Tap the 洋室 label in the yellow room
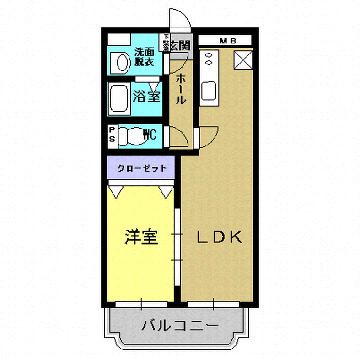click(x=141, y=237)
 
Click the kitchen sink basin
click(x=211, y=93)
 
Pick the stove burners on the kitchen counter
click(x=210, y=61)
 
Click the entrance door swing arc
click(x=178, y=20)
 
